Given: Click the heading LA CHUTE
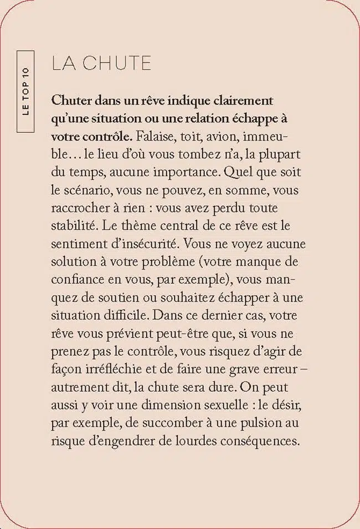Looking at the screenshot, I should [101, 63].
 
